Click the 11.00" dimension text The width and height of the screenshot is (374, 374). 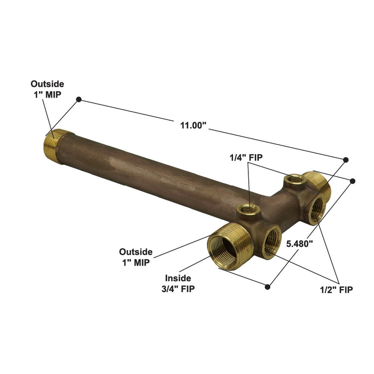pos(193,126)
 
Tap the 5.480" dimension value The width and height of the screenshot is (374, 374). pos(299,244)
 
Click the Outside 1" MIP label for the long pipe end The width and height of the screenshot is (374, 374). pos(47,89)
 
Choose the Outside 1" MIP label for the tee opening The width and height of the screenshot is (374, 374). pos(136,257)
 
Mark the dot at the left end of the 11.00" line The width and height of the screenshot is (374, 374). pos(78,100)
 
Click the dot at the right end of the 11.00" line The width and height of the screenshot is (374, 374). pos(346,160)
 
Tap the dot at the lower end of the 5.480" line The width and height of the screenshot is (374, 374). pos(268,287)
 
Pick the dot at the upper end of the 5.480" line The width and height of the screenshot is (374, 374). pos(353,181)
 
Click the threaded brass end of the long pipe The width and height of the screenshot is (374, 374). pos(52,145)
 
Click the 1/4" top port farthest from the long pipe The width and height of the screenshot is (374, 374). pos(293,179)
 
